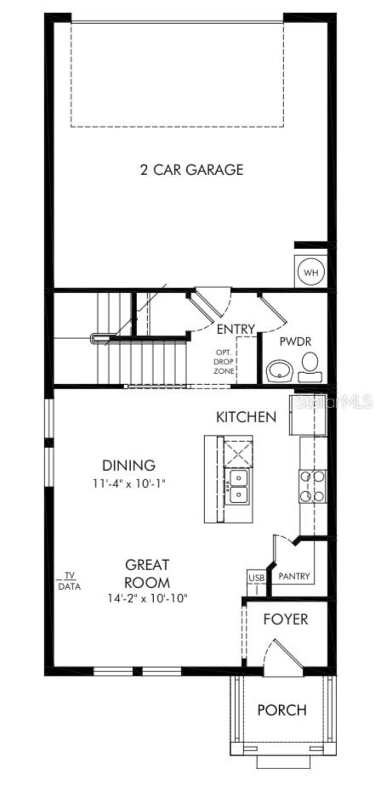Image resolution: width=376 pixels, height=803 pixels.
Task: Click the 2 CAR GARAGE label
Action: pyautogui.click(x=191, y=169)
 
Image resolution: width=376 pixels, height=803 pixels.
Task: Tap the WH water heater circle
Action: pyautogui.click(x=310, y=273)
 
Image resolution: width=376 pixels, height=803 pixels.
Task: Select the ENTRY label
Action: pyautogui.click(x=236, y=329)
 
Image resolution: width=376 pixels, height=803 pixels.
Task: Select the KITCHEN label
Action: pyautogui.click(x=246, y=416)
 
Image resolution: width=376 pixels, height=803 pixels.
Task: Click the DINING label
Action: pyautogui.click(x=128, y=465)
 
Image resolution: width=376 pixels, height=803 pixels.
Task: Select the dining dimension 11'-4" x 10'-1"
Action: pyautogui.click(x=128, y=483)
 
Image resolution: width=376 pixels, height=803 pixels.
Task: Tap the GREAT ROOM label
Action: pyautogui.click(x=147, y=573)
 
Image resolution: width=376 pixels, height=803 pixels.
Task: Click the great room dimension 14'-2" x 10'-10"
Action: pyautogui.click(x=147, y=598)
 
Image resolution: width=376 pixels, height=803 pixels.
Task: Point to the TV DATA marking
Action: pyautogui.click(x=67, y=580)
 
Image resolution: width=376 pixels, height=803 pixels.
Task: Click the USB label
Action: pyautogui.click(x=256, y=578)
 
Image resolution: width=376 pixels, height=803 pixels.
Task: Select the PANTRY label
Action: pyautogui.click(x=294, y=577)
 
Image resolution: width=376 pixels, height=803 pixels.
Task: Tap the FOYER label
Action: pyautogui.click(x=285, y=619)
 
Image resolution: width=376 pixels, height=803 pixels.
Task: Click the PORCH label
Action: pyautogui.click(x=282, y=710)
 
